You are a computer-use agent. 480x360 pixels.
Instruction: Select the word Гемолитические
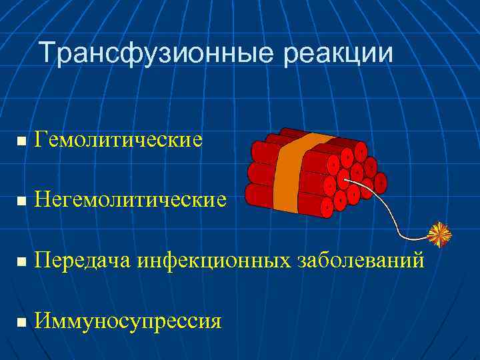pos(119,141)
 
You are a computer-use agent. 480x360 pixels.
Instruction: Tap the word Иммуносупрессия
pos(128,321)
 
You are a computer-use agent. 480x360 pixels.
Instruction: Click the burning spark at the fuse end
pos(439,234)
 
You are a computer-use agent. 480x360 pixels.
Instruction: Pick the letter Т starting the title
pos(45,53)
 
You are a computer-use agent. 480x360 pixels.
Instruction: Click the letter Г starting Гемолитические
pos(41,141)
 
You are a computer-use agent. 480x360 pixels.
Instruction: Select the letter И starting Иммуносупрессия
pos(43,321)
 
